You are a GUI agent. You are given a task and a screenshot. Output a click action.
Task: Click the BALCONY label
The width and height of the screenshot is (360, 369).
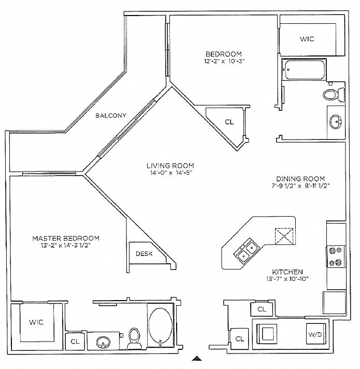(111, 116)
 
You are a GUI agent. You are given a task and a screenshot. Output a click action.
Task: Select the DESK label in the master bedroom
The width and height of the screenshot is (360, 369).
(143, 253)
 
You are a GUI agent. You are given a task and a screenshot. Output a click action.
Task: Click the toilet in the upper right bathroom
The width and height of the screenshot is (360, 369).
(330, 94)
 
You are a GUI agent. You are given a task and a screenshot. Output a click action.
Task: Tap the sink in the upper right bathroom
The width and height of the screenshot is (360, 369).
(336, 123)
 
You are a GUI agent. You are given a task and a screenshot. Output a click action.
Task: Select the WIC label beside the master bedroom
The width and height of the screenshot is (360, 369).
(36, 322)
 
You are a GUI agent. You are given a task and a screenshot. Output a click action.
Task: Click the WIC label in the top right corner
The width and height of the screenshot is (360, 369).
(307, 39)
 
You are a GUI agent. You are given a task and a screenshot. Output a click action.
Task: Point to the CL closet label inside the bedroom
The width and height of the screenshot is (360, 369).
(229, 122)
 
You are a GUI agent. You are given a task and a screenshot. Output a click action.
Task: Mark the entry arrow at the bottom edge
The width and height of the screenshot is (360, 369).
(196, 358)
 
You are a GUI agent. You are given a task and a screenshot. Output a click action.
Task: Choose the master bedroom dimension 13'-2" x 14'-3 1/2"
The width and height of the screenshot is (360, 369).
(66, 245)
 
